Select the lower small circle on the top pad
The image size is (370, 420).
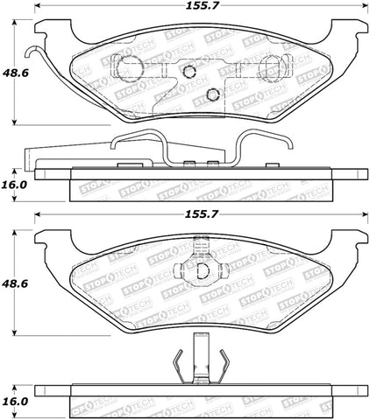click(x=211, y=95)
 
